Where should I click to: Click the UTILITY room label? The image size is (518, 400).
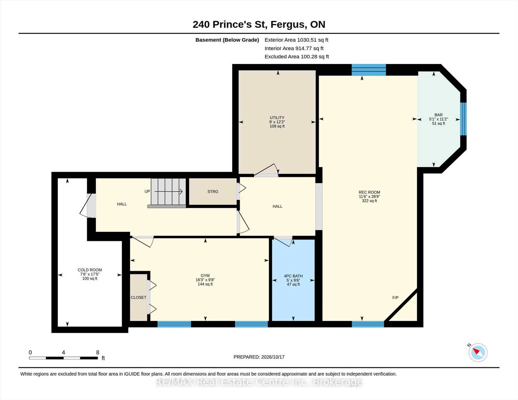point(277,117)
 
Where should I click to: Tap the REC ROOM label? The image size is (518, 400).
point(369,192)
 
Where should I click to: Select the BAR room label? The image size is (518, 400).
point(438,115)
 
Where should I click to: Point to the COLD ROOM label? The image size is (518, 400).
point(90,270)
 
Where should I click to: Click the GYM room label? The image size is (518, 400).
point(205,276)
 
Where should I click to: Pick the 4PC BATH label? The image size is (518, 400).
point(293,276)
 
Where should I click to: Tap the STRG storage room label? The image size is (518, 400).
point(213,192)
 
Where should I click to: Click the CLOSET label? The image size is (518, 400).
point(138,297)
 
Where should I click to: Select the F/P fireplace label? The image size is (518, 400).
point(395,298)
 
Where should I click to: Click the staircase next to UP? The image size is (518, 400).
point(168,192)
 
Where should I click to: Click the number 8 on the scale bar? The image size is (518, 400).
point(98,352)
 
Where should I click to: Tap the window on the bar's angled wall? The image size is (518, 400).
point(463,119)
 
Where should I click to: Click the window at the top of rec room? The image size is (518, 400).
point(369,70)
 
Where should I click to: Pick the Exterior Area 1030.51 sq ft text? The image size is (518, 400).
point(296,40)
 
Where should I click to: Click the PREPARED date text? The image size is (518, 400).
point(259,357)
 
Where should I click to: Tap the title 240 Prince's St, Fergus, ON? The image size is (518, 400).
point(259,25)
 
